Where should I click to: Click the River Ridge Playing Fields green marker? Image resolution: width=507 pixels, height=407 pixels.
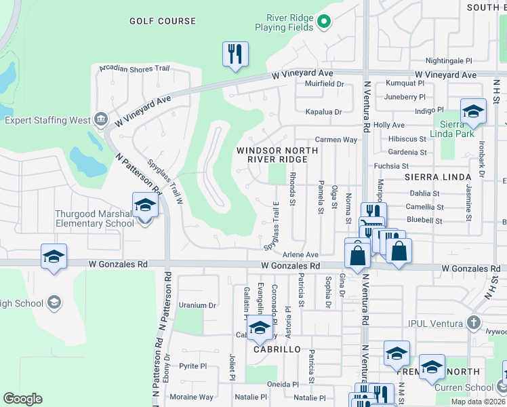click(x=323, y=22)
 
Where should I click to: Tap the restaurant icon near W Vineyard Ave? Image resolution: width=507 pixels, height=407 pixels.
click(x=235, y=54)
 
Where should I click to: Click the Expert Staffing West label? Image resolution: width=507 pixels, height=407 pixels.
click(x=47, y=120)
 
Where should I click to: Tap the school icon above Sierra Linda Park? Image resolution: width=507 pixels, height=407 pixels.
click(x=473, y=111)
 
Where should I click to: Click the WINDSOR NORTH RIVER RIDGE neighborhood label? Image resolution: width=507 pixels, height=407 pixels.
click(x=272, y=154)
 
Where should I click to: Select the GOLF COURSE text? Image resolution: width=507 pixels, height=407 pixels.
click(x=163, y=21)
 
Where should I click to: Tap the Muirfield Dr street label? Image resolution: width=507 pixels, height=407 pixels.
click(x=325, y=84)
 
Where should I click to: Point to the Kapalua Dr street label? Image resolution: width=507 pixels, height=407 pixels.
click(x=323, y=111)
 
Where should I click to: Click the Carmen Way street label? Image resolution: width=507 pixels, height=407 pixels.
click(x=336, y=139)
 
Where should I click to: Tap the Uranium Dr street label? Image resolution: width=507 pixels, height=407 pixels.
click(x=197, y=305)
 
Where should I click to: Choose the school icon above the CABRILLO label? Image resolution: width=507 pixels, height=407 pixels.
click(x=258, y=328)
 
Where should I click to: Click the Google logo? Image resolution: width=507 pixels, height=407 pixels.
click(x=22, y=399)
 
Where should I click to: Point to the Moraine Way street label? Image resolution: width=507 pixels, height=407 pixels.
click(x=191, y=397)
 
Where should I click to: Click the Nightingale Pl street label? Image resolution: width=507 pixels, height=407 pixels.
click(x=449, y=60)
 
